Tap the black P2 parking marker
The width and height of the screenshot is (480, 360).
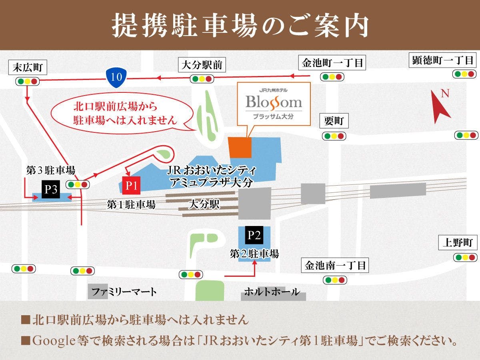point(254,235)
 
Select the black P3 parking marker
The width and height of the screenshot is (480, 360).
point(51,189)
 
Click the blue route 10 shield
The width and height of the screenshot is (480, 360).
point(116,76)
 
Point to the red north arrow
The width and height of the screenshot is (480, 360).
point(441,106)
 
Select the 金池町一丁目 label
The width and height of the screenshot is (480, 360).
point(332,63)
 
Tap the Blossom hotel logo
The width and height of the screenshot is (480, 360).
point(274,103)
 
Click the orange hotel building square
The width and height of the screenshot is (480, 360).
point(240,146)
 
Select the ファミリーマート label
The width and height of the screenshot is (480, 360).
point(124,292)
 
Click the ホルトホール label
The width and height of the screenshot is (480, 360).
point(272,292)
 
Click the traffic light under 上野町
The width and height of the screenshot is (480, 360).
point(466,257)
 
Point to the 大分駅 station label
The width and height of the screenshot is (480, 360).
point(204,205)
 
